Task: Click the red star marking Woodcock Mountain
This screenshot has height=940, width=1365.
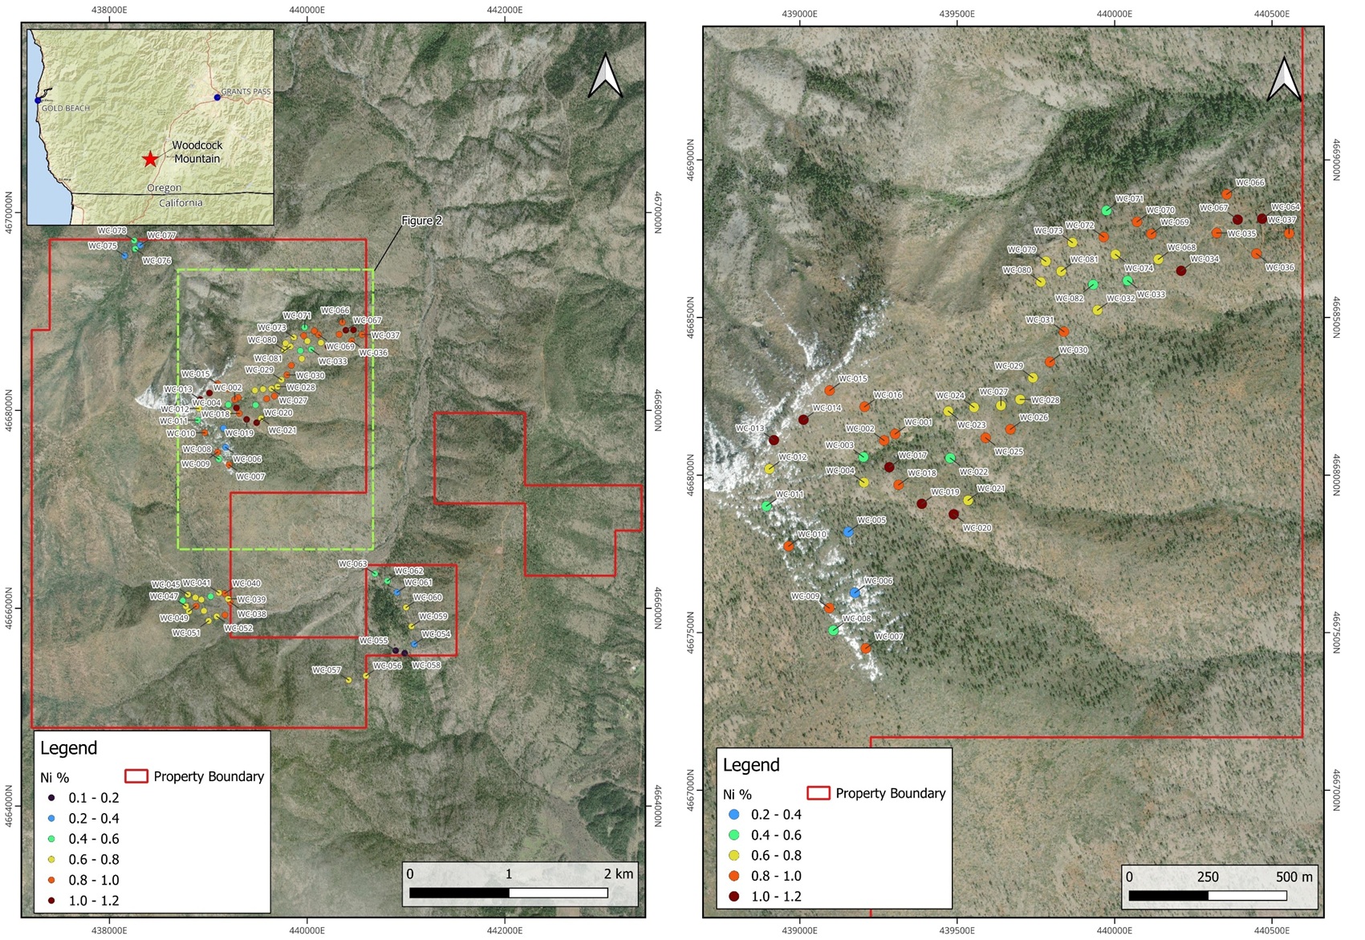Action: coord(150,159)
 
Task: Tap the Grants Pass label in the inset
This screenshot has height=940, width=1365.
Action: coord(246,92)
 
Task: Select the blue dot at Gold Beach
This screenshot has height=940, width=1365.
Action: coord(38,100)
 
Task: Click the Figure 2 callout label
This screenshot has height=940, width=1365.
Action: coord(421,221)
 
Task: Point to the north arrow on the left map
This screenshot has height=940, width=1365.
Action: coord(606,76)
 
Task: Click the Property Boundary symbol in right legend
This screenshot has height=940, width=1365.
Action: coord(818,793)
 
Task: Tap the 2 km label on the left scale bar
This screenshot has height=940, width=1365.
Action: coord(618,873)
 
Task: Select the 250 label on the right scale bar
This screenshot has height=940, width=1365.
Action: coord(1208,877)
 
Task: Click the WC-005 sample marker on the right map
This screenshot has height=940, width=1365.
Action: coord(849,532)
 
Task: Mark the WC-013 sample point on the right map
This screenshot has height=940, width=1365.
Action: coord(774,440)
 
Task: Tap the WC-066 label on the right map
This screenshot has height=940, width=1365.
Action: coord(1249,183)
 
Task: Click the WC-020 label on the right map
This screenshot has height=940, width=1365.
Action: coord(977,528)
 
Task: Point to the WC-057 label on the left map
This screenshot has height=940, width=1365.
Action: coord(327,670)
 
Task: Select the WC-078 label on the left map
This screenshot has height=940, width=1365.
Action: coord(112,231)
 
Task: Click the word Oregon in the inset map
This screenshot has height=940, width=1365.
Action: coord(164,188)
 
